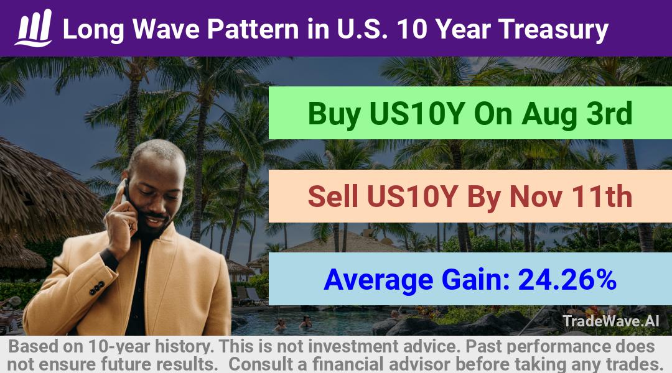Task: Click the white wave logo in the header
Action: click(x=34, y=28)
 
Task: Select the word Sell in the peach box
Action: click(x=333, y=196)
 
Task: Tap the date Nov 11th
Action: click(x=571, y=196)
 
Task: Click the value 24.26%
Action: click(x=567, y=280)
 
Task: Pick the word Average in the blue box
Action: click(x=379, y=280)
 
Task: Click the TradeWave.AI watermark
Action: click(x=611, y=321)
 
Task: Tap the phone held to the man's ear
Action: click(x=124, y=191)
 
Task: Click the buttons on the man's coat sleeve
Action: click(x=97, y=288)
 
